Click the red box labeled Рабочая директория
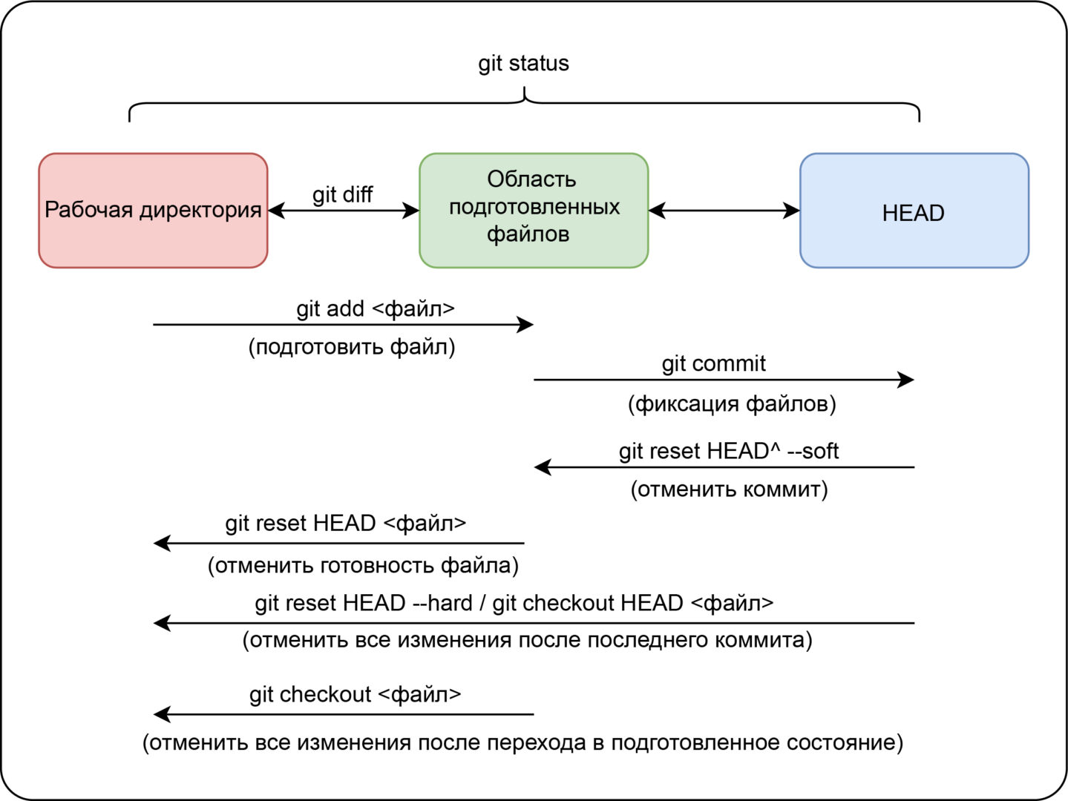[153, 210]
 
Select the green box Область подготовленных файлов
[534, 210]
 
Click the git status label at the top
[523, 63]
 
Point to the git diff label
[342, 194]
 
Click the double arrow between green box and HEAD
[724, 211]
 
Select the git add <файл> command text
[376, 309]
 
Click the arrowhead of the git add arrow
[526, 324]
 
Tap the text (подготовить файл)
[352, 346]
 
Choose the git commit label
[713, 363]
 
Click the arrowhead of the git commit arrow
[906, 380]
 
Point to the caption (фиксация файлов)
[732, 403]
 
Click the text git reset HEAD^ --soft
[729, 451]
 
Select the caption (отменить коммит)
[729, 489]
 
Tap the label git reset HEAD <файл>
[346, 524]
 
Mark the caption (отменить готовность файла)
[363, 565]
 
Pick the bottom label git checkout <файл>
[355, 694]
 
